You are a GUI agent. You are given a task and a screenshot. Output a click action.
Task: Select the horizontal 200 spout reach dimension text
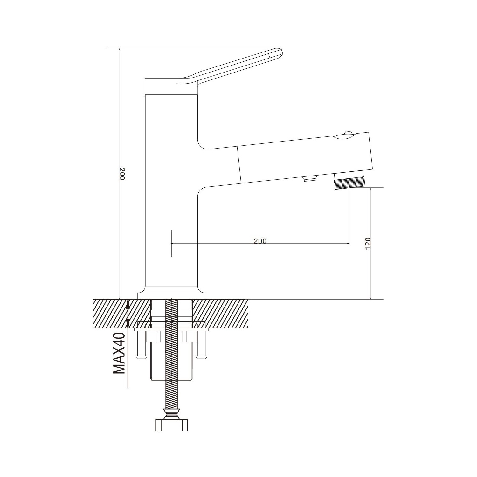[260, 241]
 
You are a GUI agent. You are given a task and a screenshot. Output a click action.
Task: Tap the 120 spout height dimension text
[368, 243]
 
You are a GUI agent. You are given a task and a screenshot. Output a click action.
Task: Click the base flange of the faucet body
[171, 296]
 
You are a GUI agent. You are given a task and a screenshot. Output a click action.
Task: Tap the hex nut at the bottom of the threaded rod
[172, 414]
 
